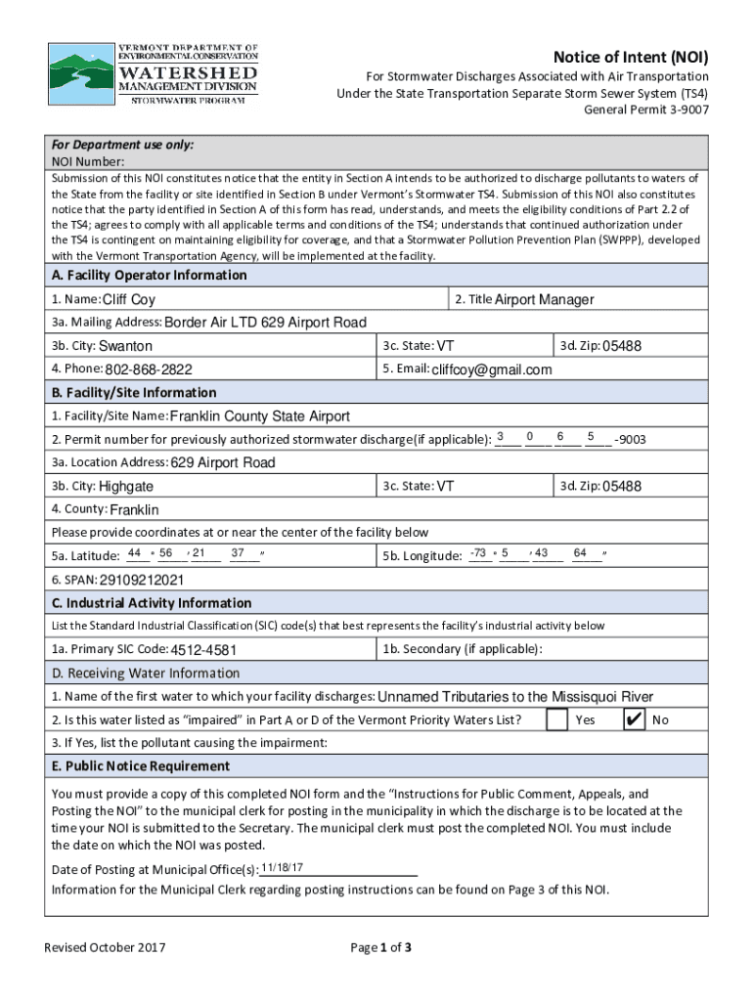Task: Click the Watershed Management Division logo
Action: tap(155, 79)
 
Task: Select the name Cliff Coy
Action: tap(129, 300)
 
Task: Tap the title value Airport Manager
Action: tap(544, 300)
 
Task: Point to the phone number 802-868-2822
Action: tap(149, 370)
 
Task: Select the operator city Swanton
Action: tap(125, 346)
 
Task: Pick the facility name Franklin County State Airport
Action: tap(260, 416)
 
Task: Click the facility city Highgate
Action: tap(126, 486)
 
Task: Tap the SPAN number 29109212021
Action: tap(142, 580)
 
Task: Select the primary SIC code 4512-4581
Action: tap(204, 650)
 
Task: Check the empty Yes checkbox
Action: tap(556, 720)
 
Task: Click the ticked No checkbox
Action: tap(634, 720)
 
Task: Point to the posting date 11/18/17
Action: tap(283, 868)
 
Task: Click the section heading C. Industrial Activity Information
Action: tap(152, 603)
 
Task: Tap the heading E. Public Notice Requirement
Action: tap(141, 766)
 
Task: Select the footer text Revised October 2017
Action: tap(105, 947)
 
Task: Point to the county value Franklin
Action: tap(134, 509)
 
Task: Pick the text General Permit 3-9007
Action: tap(646, 109)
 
